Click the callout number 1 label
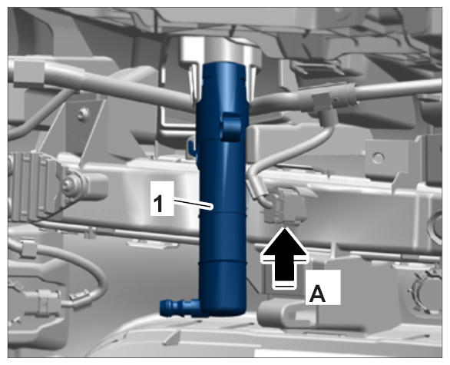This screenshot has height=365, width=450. [162, 198]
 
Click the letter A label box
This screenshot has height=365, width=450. [323, 287]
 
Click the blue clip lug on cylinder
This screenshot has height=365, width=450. [230, 126]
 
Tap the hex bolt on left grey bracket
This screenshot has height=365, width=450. [68, 183]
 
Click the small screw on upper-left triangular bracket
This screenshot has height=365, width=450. [84, 112]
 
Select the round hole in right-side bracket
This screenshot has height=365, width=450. [378, 157]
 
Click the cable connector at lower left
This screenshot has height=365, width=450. [43, 301]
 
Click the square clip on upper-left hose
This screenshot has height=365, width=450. [28, 71]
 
